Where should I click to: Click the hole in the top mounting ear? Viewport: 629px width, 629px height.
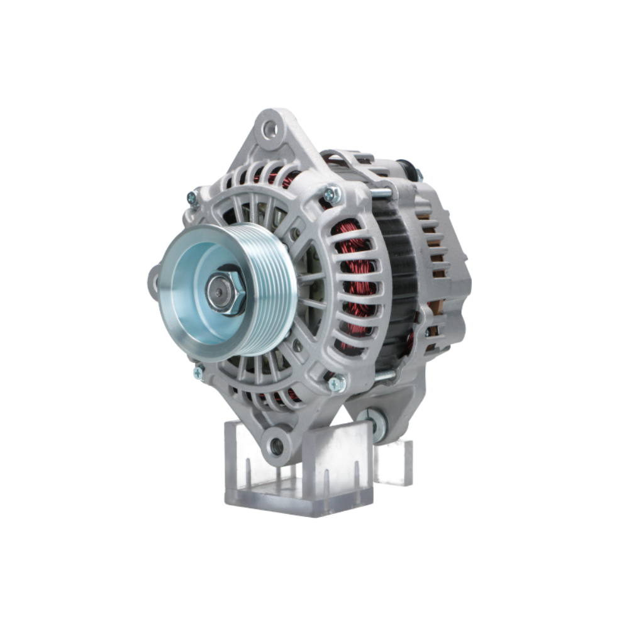(x=271, y=130)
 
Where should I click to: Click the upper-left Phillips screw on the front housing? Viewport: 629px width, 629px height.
(x=193, y=198)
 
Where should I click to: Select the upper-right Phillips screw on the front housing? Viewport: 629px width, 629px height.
(x=331, y=194)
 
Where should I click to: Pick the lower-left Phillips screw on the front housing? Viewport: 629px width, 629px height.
(x=199, y=372)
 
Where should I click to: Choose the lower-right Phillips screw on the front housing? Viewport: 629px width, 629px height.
(x=337, y=382)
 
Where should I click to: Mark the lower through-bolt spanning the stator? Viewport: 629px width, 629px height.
(x=384, y=376)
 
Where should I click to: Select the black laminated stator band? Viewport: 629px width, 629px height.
(x=396, y=283)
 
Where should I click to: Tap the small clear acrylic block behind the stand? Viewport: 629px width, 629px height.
(x=394, y=462)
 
